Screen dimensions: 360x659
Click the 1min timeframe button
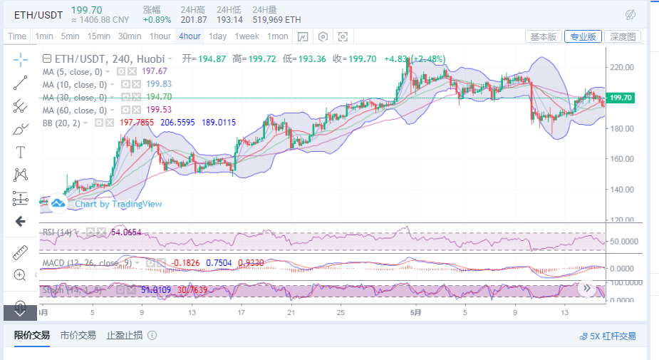tap(43, 36)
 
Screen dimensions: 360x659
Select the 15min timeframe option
tap(98, 36)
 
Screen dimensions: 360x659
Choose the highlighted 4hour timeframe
tap(190, 36)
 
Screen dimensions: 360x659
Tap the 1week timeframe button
tap(247, 36)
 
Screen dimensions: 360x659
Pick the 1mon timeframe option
tap(278, 36)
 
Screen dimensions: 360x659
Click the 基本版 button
tap(544, 36)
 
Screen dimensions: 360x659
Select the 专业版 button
tap(583, 36)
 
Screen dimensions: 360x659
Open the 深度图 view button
tap(623, 36)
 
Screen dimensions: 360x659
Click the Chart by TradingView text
tap(118, 204)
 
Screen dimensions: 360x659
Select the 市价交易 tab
tap(78, 335)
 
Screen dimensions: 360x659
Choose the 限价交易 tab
tap(32, 335)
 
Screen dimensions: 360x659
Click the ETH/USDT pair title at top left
tap(33, 14)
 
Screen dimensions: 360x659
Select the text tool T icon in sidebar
tap(20, 151)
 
